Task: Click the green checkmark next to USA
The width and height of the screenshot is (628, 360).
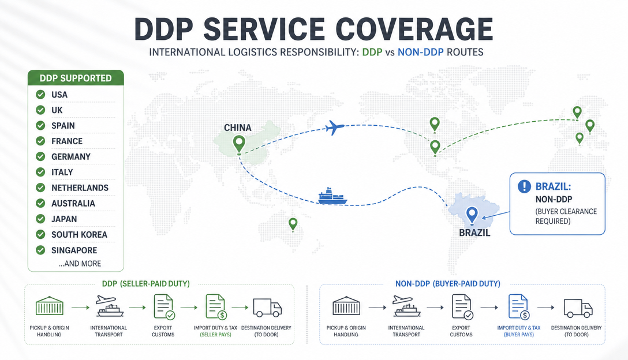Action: click(x=40, y=95)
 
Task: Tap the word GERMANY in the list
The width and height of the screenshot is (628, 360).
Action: click(x=71, y=156)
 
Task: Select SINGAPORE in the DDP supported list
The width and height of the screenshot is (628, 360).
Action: click(x=74, y=250)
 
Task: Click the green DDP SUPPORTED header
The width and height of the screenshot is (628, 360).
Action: click(x=76, y=78)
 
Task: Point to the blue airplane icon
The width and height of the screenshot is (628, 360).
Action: click(x=335, y=127)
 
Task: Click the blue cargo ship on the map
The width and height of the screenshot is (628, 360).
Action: click(x=332, y=196)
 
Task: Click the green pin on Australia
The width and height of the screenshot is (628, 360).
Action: click(x=293, y=224)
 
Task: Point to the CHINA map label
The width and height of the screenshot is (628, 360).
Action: click(x=237, y=127)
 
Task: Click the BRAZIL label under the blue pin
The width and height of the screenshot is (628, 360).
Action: click(x=474, y=232)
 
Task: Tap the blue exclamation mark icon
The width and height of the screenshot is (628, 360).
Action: click(x=524, y=186)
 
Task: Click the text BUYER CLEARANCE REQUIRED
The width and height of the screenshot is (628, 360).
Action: click(x=566, y=216)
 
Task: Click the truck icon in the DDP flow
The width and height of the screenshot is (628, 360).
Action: click(x=267, y=307)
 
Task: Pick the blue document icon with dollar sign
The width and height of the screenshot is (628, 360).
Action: click(x=519, y=307)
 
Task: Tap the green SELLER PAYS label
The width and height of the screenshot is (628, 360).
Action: click(x=215, y=335)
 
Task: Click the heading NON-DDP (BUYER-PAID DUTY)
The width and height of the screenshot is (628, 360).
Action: click(x=448, y=284)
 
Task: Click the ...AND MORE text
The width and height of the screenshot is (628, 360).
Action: click(x=80, y=264)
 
